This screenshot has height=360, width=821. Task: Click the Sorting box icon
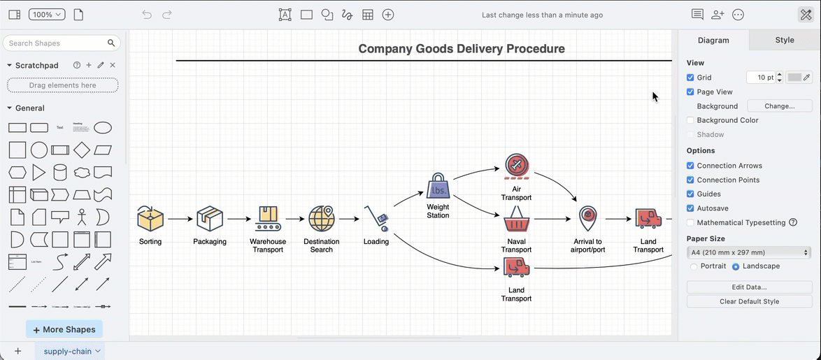coord(150,219)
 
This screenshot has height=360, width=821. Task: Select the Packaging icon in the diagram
coord(210,219)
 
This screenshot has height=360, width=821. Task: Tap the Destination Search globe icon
coord(322,219)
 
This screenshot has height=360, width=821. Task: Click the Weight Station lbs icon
coord(438,187)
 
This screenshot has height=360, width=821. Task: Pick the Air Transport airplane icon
coord(517,166)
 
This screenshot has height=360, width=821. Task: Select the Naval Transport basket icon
coord(517,219)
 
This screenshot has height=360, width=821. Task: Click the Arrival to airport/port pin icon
coord(588,218)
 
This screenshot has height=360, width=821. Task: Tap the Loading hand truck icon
coord(376,218)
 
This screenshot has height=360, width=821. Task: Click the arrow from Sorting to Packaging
coord(180,219)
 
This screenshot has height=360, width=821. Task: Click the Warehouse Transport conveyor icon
coord(268,219)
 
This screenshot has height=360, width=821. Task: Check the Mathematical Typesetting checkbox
coord(690,222)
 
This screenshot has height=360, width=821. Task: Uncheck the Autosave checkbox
coord(690,208)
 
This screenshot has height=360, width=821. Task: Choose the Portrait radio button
coord(694,266)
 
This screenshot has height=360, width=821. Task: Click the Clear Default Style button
coord(749,301)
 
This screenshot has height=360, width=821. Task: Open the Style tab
coord(784,40)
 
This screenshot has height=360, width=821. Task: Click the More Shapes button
coord(64,329)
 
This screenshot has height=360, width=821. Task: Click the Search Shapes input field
coord(56,43)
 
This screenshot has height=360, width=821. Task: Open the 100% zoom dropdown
coord(47,15)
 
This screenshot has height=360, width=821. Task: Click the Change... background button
coord(779,106)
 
